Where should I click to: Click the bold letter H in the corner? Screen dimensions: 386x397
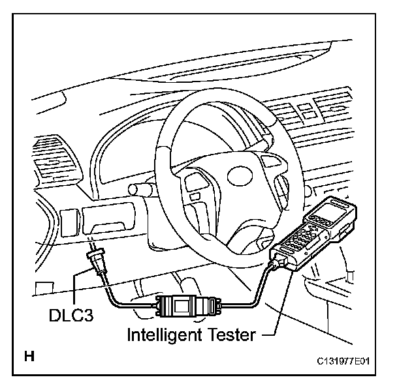pyautogui.click(x=29, y=357)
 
